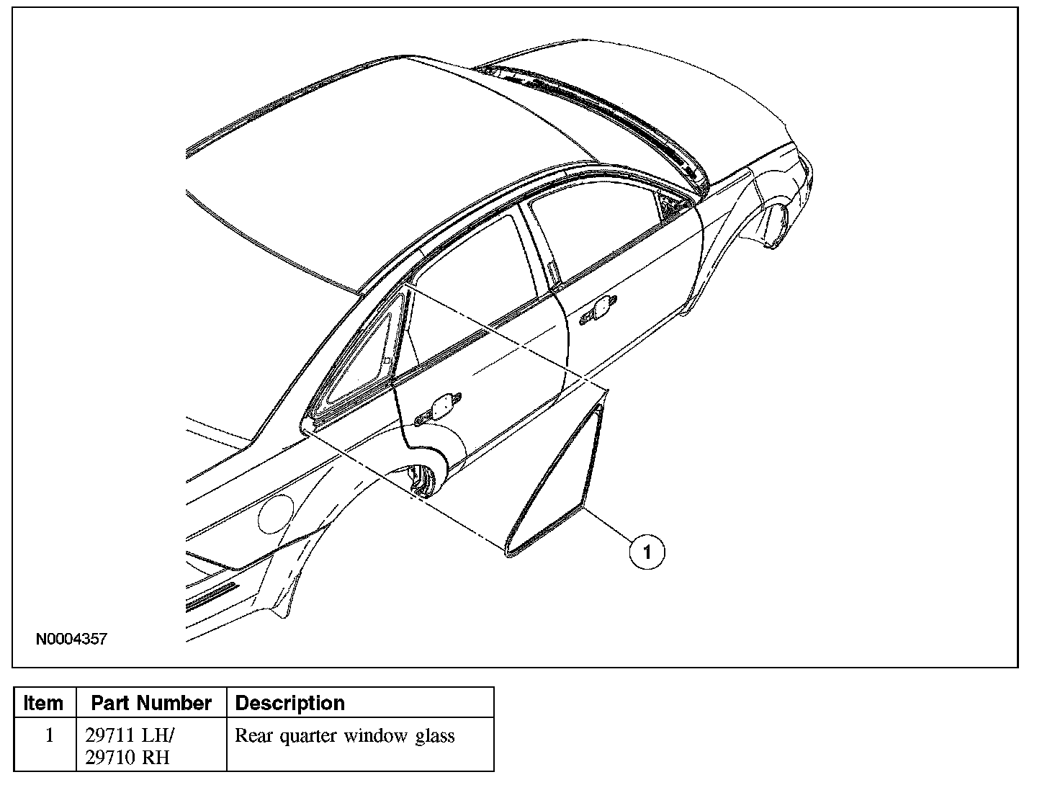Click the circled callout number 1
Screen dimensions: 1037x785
647,552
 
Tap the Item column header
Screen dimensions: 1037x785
43,703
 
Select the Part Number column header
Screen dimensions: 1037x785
151,703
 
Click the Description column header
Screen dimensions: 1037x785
290,703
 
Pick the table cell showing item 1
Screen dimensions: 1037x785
49,736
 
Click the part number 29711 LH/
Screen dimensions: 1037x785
130,736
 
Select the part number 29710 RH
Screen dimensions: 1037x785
127,758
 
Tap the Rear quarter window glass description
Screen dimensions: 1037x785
345,736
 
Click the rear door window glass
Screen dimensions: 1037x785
468,288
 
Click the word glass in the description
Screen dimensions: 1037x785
436,736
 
